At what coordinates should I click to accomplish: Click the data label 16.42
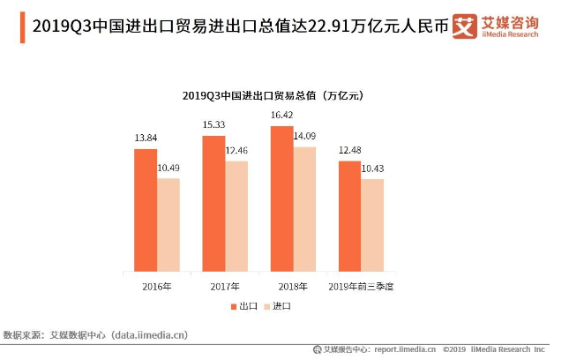point(281,115)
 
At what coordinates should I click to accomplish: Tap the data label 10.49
point(168,168)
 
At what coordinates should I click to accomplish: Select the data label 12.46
point(236,151)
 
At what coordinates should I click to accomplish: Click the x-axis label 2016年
point(157,287)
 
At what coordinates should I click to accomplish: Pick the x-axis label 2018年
point(293,287)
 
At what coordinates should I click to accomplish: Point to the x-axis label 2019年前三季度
point(361,287)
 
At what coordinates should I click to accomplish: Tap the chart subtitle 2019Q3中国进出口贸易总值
point(273,94)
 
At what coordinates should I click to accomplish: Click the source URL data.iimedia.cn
point(149,335)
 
